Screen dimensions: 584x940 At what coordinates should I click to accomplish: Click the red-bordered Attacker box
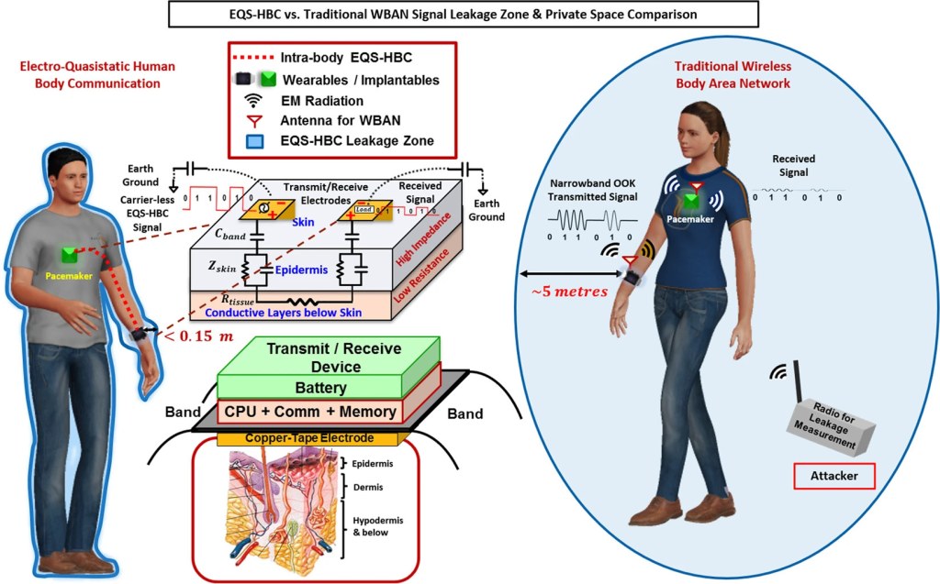coord(834,478)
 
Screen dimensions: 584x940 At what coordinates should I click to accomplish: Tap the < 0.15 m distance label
coord(197,336)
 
